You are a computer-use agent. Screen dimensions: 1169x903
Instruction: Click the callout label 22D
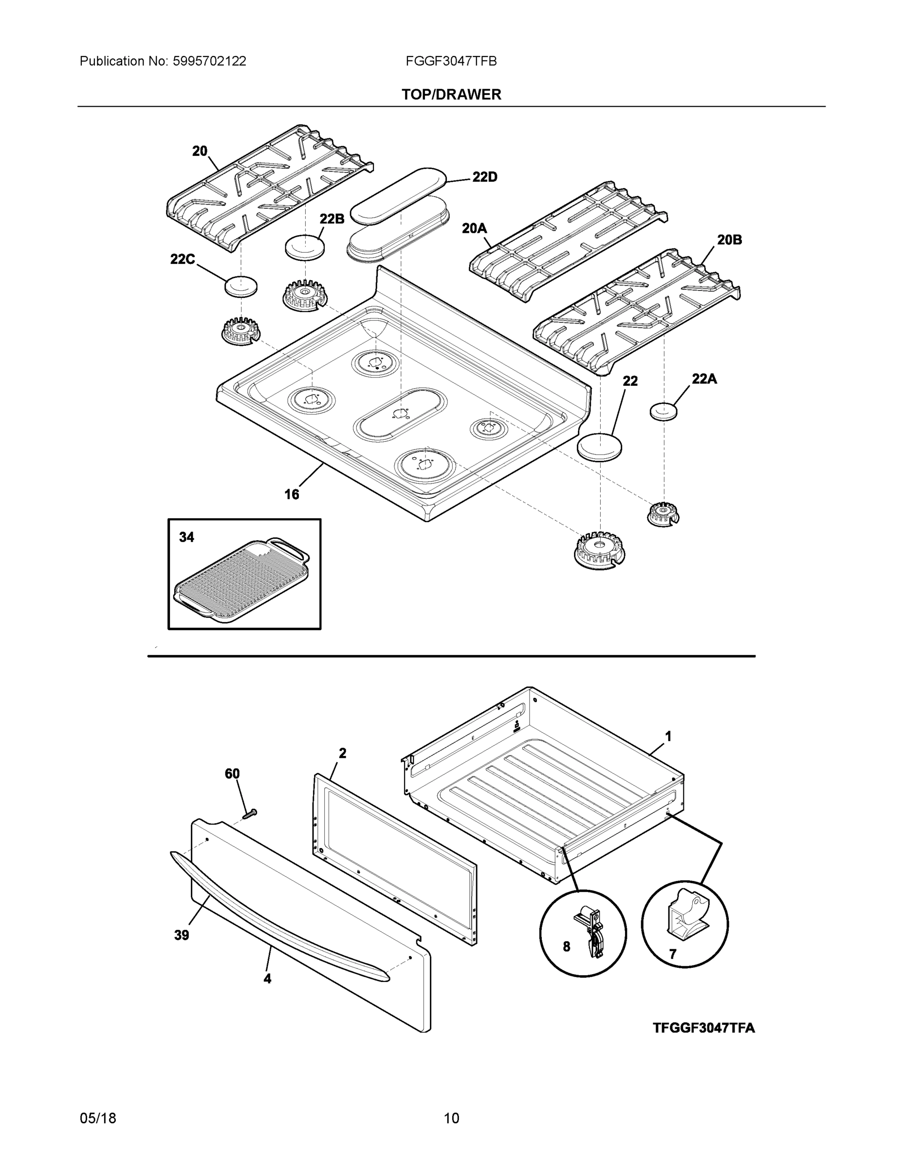click(x=485, y=177)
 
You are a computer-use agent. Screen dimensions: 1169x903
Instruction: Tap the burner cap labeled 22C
click(x=240, y=286)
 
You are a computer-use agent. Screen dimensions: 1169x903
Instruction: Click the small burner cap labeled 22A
click(x=663, y=412)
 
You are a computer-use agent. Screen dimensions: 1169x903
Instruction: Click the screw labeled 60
click(x=249, y=814)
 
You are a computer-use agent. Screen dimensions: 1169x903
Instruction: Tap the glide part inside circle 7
click(x=685, y=915)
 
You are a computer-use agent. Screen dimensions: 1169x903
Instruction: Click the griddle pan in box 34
click(x=242, y=581)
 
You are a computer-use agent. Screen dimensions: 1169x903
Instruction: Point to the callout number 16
click(x=292, y=494)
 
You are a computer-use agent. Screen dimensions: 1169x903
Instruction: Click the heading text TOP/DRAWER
click(x=452, y=95)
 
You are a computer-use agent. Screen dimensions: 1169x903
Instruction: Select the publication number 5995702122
click(x=209, y=61)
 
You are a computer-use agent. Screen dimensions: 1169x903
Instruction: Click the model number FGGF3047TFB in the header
click(x=451, y=61)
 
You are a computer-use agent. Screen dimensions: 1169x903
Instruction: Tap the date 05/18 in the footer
click(x=98, y=1118)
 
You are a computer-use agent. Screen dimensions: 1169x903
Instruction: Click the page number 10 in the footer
click(x=452, y=1118)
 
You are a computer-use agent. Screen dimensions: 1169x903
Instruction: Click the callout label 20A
click(x=475, y=229)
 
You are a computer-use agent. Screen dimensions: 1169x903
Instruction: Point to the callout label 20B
click(x=729, y=240)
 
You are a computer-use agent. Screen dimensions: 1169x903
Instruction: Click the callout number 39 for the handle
click(x=182, y=935)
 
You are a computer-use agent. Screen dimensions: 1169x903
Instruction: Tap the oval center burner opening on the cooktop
click(x=400, y=415)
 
